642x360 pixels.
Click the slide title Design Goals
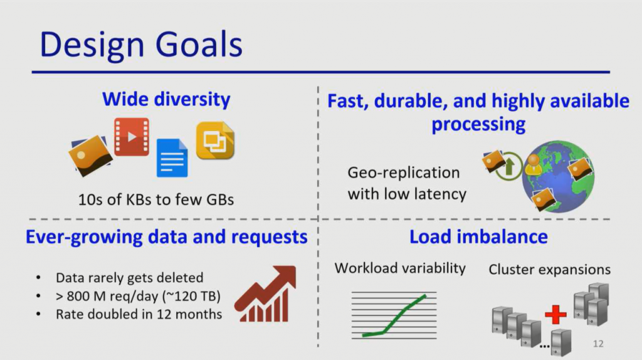(141, 45)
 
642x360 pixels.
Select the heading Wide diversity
(166, 99)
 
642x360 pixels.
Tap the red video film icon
(131, 136)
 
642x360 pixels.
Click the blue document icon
(172, 157)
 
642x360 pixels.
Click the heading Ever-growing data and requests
(166, 236)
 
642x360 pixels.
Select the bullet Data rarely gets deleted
(129, 278)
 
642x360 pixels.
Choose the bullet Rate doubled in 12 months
(139, 314)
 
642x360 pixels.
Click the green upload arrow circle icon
(508, 166)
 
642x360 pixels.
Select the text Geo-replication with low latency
(406, 183)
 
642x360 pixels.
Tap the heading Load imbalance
(478, 236)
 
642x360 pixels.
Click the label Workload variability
(400, 268)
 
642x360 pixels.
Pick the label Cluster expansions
(549, 270)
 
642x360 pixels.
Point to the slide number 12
(598, 344)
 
